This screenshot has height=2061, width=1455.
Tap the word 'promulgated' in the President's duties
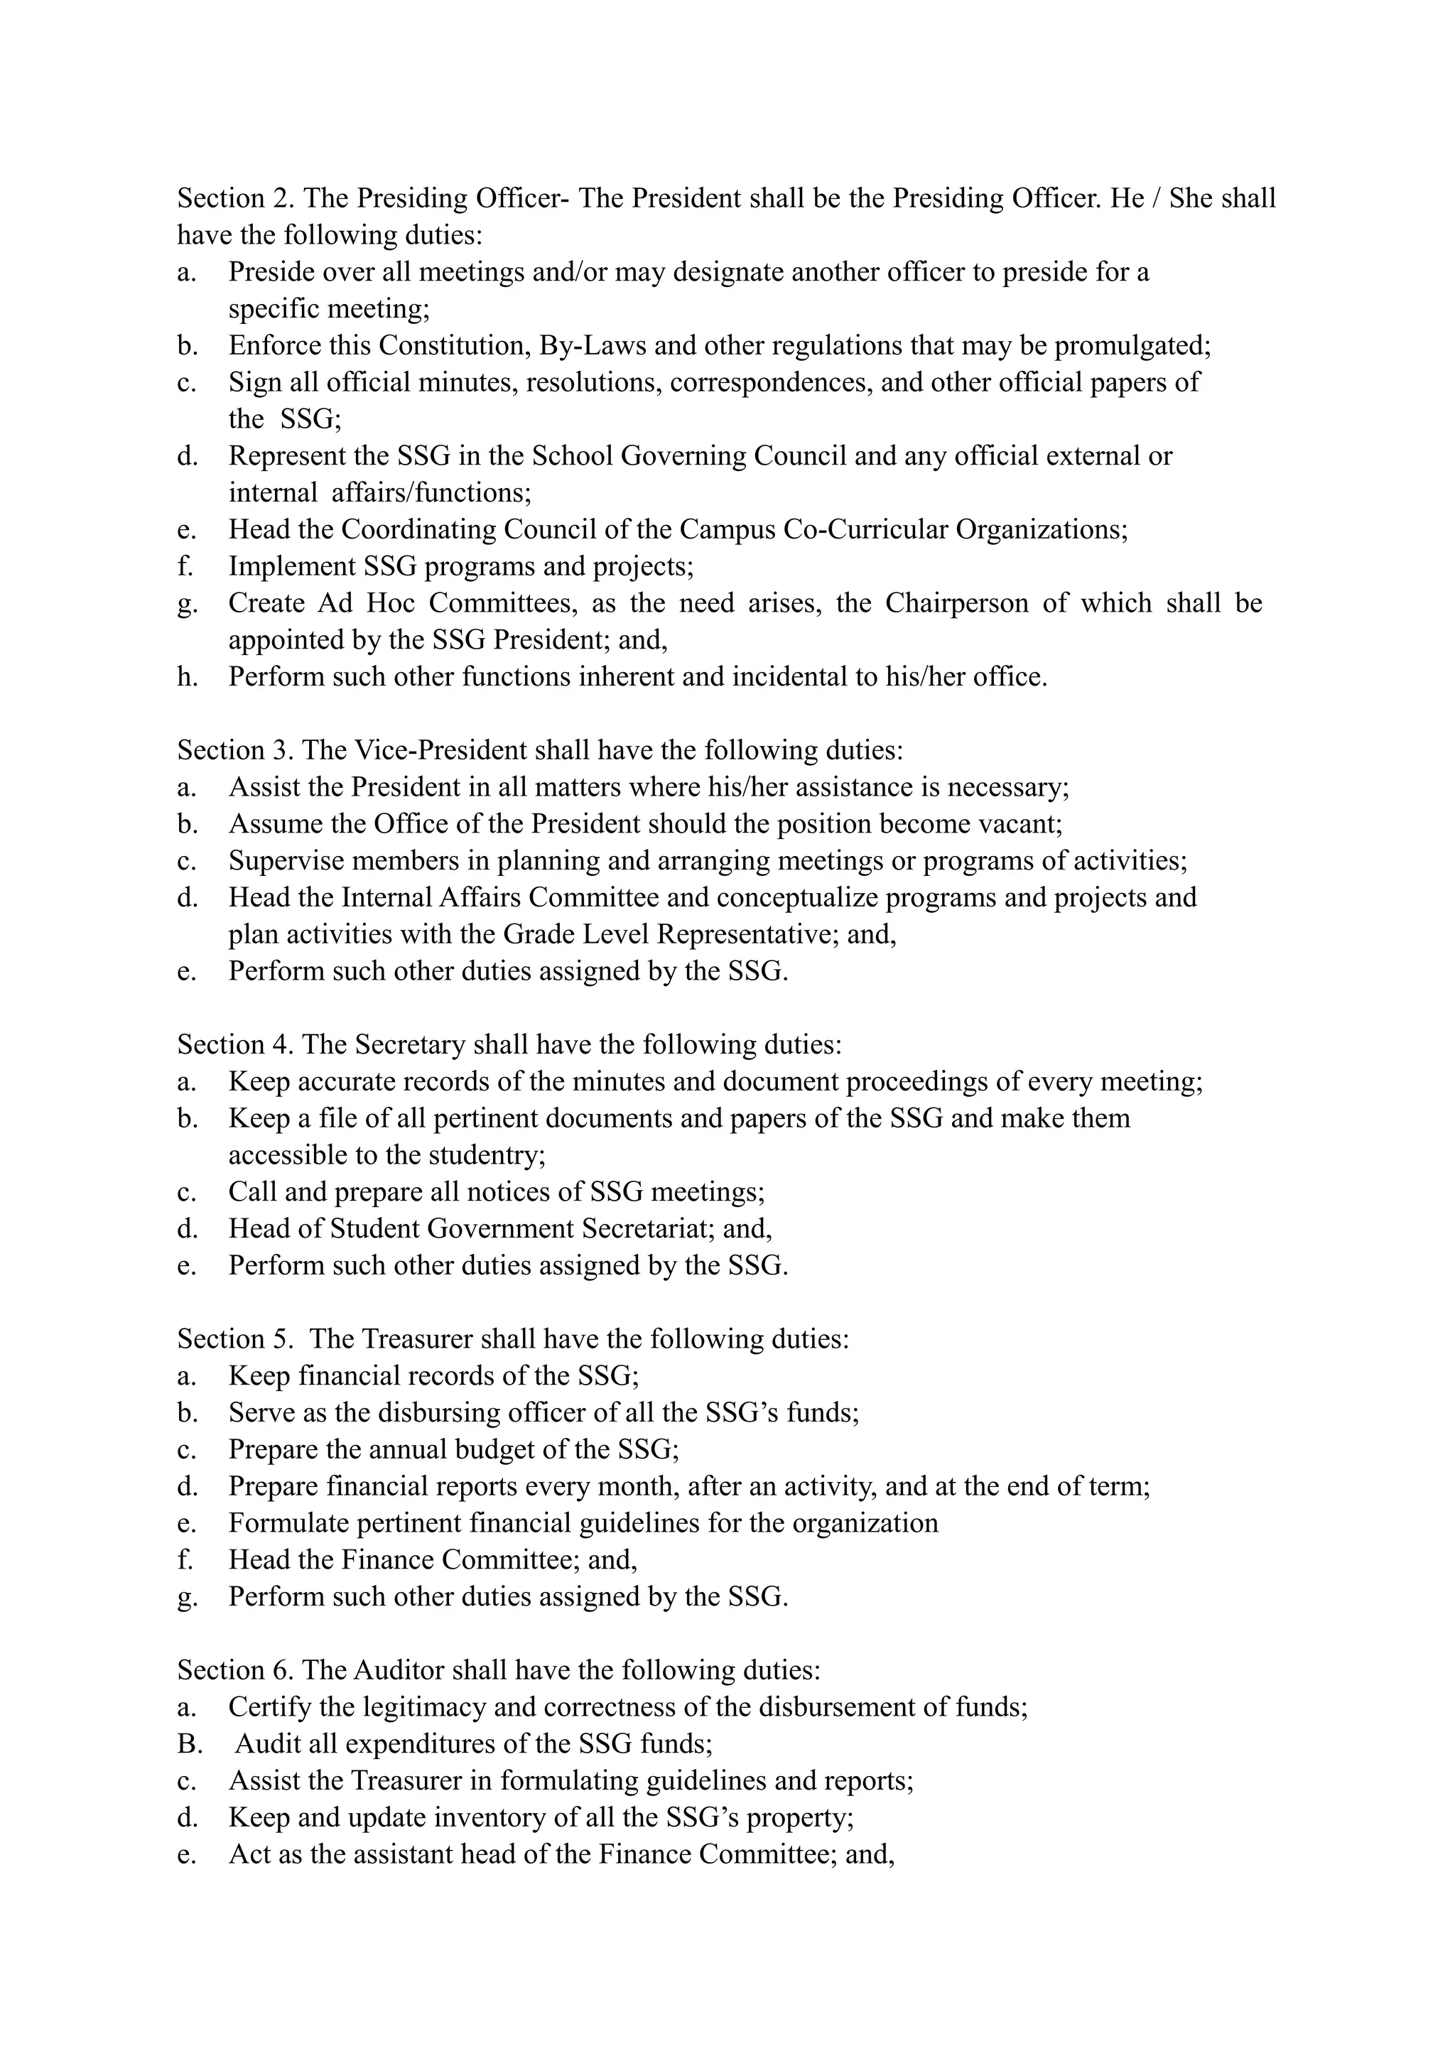click(x=1131, y=345)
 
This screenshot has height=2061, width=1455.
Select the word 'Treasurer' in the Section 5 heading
click(x=416, y=1339)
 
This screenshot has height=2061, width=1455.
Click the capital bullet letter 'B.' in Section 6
click(x=190, y=1744)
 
